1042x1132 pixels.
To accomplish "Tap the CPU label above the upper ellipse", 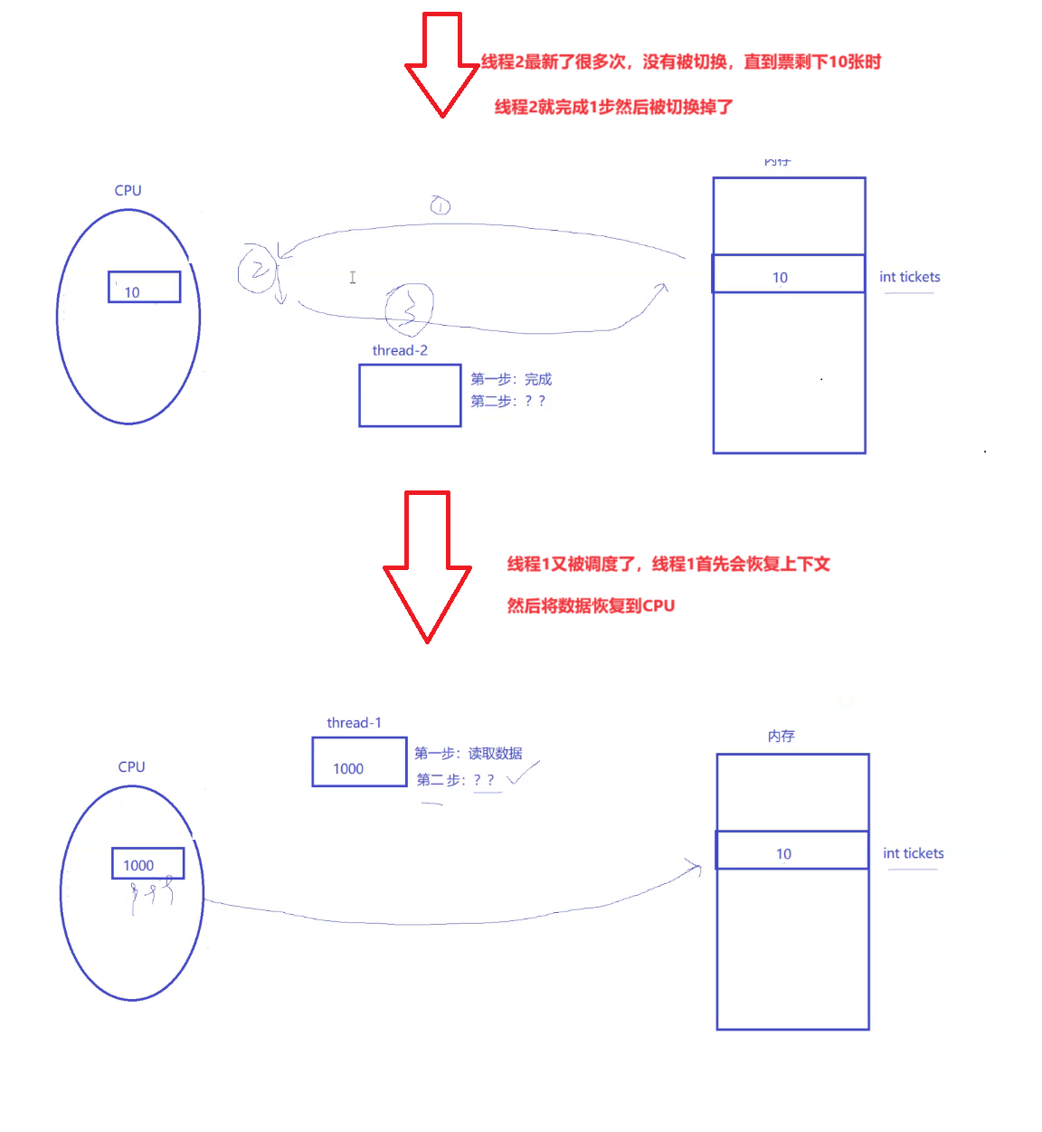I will [x=128, y=190].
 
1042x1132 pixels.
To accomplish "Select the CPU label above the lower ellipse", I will [x=131, y=766].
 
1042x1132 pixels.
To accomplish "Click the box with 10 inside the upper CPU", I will [x=144, y=287].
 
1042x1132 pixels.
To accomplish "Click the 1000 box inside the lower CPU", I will [x=147, y=863].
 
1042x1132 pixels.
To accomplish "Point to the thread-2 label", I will [x=400, y=350].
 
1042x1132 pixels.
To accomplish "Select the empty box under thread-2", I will [x=410, y=395].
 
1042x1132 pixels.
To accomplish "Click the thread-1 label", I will [x=354, y=722].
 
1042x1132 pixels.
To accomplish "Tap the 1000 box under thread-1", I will [x=359, y=762].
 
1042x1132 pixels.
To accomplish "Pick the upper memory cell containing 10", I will [x=788, y=274].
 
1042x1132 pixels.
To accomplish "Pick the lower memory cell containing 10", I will [x=791, y=851].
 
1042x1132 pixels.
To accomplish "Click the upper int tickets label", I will [x=909, y=277].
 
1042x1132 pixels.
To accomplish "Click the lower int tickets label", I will [x=913, y=853].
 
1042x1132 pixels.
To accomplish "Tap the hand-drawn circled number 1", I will [x=440, y=206].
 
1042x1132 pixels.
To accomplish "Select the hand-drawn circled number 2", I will [x=257, y=269].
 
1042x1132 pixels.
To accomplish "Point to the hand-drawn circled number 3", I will [x=409, y=308].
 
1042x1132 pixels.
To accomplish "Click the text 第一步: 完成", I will [x=511, y=379].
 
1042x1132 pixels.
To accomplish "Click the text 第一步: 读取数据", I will [x=469, y=753].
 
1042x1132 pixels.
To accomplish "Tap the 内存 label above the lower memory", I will [x=781, y=736].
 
